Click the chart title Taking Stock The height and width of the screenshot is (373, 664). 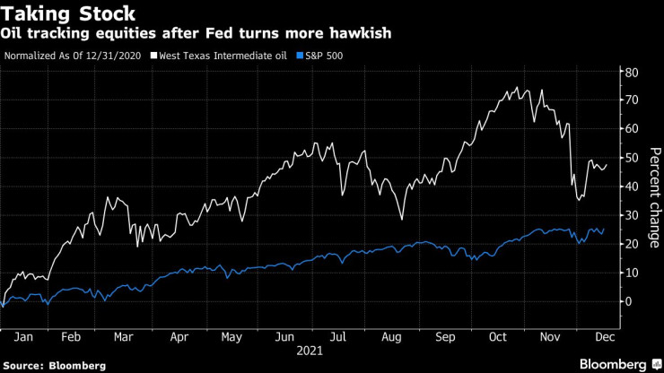click(71, 13)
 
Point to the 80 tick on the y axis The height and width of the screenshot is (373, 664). click(632, 72)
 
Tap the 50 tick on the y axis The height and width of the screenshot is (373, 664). click(632, 158)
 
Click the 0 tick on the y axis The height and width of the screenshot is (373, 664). click(628, 301)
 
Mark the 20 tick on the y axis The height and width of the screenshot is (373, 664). click(632, 244)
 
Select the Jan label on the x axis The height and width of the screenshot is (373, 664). click(26, 338)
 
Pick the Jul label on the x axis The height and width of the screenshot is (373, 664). click(337, 338)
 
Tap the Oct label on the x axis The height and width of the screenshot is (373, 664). click(499, 338)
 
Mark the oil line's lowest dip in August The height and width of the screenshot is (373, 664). click(402, 219)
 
